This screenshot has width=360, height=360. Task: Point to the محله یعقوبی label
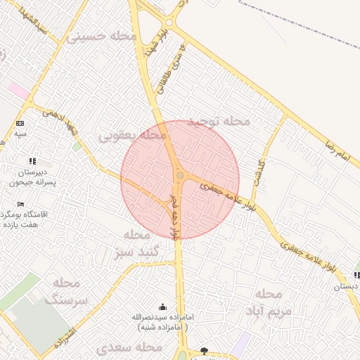tap(133, 134)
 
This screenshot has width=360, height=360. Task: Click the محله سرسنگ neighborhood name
tap(67, 290)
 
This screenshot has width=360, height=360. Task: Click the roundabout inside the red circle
tap(180, 175)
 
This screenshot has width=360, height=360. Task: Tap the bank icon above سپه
tap(20, 123)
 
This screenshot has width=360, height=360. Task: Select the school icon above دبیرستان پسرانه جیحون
tap(32, 161)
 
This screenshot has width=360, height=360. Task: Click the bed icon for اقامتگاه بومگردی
tap(20, 204)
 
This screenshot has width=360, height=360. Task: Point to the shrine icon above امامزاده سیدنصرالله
tap(163, 307)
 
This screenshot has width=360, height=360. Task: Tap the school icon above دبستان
tap(356, 275)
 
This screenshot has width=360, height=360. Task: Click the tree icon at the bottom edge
tap(204, 350)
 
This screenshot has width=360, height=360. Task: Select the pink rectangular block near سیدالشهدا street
tap(19, 91)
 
